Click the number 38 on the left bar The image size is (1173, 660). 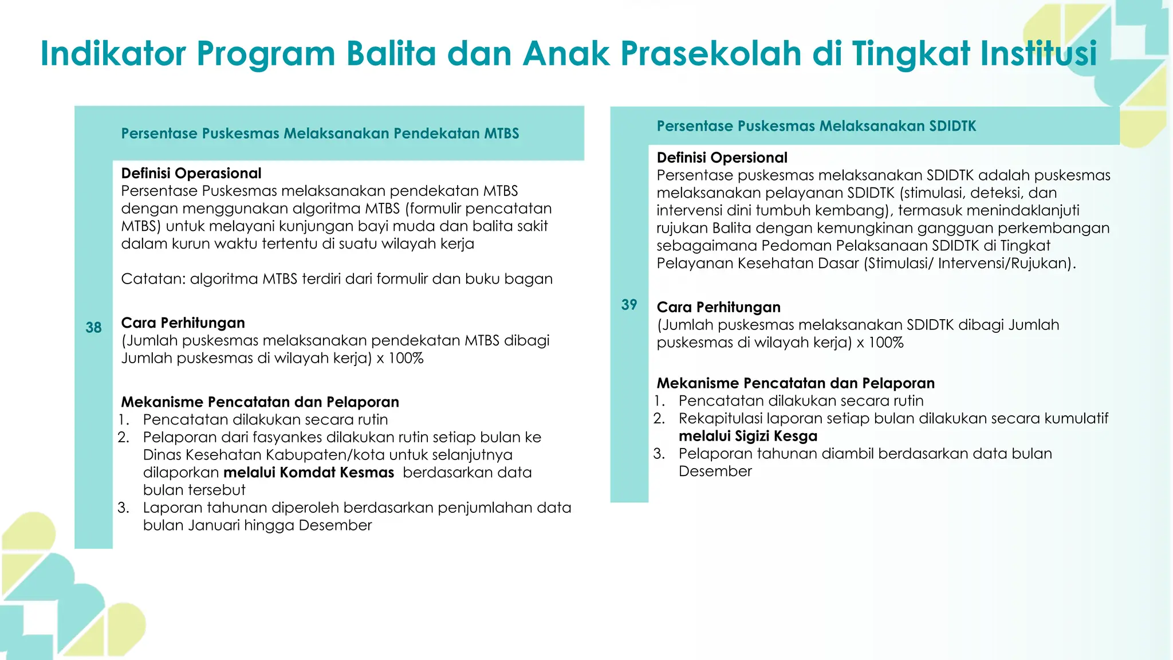tap(93, 328)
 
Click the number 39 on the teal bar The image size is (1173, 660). tap(629, 305)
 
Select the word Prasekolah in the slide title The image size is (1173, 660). tap(711, 54)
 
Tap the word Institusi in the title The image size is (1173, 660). tap(1038, 54)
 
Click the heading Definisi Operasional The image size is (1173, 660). tap(191, 174)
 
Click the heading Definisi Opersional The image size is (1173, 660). tap(722, 158)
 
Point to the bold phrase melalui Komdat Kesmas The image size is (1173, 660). tap(309, 473)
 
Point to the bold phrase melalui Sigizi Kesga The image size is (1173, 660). tap(747, 436)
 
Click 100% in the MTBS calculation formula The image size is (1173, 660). tap(406, 359)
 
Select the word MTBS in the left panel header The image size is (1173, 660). tap(501, 133)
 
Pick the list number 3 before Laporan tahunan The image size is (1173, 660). tap(123, 508)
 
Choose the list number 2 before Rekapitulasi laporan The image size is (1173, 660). tap(659, 419)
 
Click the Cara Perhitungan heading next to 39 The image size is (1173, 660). tap(718, 307)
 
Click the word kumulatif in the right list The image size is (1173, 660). tap(1076, 418)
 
